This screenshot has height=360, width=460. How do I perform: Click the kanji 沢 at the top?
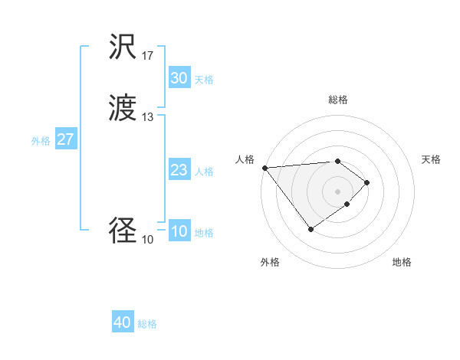[123, 48]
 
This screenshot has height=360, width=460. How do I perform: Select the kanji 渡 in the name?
[123, 109]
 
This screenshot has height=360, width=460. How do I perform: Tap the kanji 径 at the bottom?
[123, 231]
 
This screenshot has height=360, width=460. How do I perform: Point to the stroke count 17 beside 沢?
[148, 56]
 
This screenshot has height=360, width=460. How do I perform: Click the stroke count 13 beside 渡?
[148, 116]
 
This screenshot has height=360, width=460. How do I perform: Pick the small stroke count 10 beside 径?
[148, 239]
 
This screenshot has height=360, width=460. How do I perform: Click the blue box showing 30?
[179, 78]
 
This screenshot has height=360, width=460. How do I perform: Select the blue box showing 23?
[179, 170]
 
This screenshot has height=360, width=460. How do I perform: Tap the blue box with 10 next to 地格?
[179, 231]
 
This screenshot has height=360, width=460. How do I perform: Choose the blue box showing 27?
[65, 139]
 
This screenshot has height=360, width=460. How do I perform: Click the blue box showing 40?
[122, 322]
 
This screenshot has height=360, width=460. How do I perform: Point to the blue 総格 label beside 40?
[147, 324]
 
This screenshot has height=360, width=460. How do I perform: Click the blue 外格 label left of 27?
[41, 141]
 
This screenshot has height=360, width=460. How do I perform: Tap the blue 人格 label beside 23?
[204, 172]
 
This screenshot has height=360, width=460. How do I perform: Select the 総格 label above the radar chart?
[337, 100]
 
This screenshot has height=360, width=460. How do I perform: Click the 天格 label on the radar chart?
[432, 159]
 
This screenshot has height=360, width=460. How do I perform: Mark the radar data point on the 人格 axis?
[264, 168]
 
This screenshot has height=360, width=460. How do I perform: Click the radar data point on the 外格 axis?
[310, 229]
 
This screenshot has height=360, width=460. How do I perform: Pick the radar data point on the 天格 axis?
[368, 182]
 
